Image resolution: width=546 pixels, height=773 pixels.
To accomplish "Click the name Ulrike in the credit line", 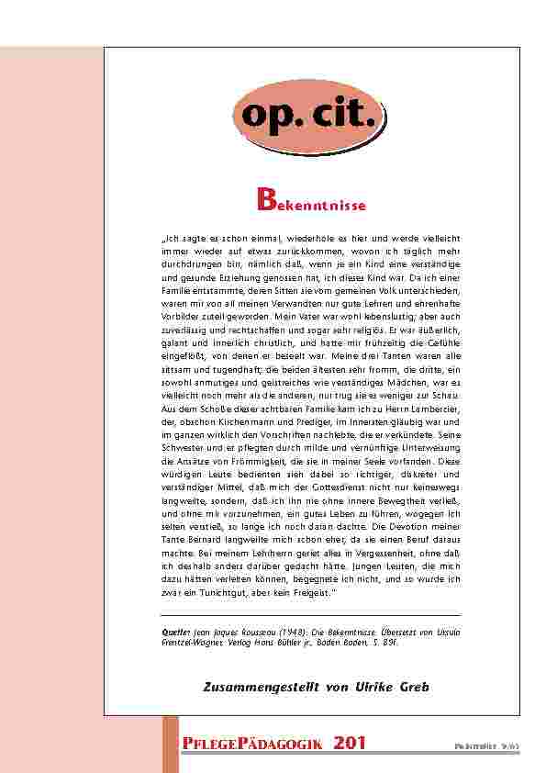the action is (370, 688).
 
